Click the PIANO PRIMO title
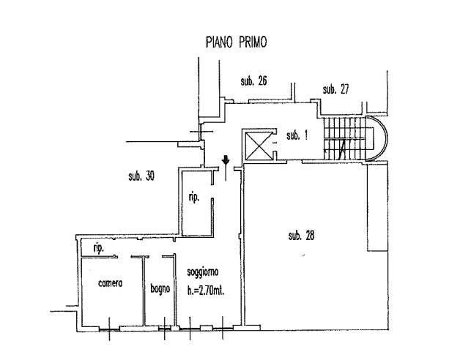[237, 42]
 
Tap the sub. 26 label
[253, 81]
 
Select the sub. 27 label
[336, 89]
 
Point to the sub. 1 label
[297, 135]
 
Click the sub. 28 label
[301, 236]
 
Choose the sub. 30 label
[141, 176]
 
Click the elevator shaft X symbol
[259, 146]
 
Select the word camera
[111, 283]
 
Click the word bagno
[160, 289]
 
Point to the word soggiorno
[203, 272]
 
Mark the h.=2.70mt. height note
[206, 290]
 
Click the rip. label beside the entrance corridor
[194, 198]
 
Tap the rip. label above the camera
[98, 248]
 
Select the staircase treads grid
[344, 139]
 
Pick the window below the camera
[109, 330]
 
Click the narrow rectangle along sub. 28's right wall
[378, 208]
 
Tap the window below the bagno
[165, 329]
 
